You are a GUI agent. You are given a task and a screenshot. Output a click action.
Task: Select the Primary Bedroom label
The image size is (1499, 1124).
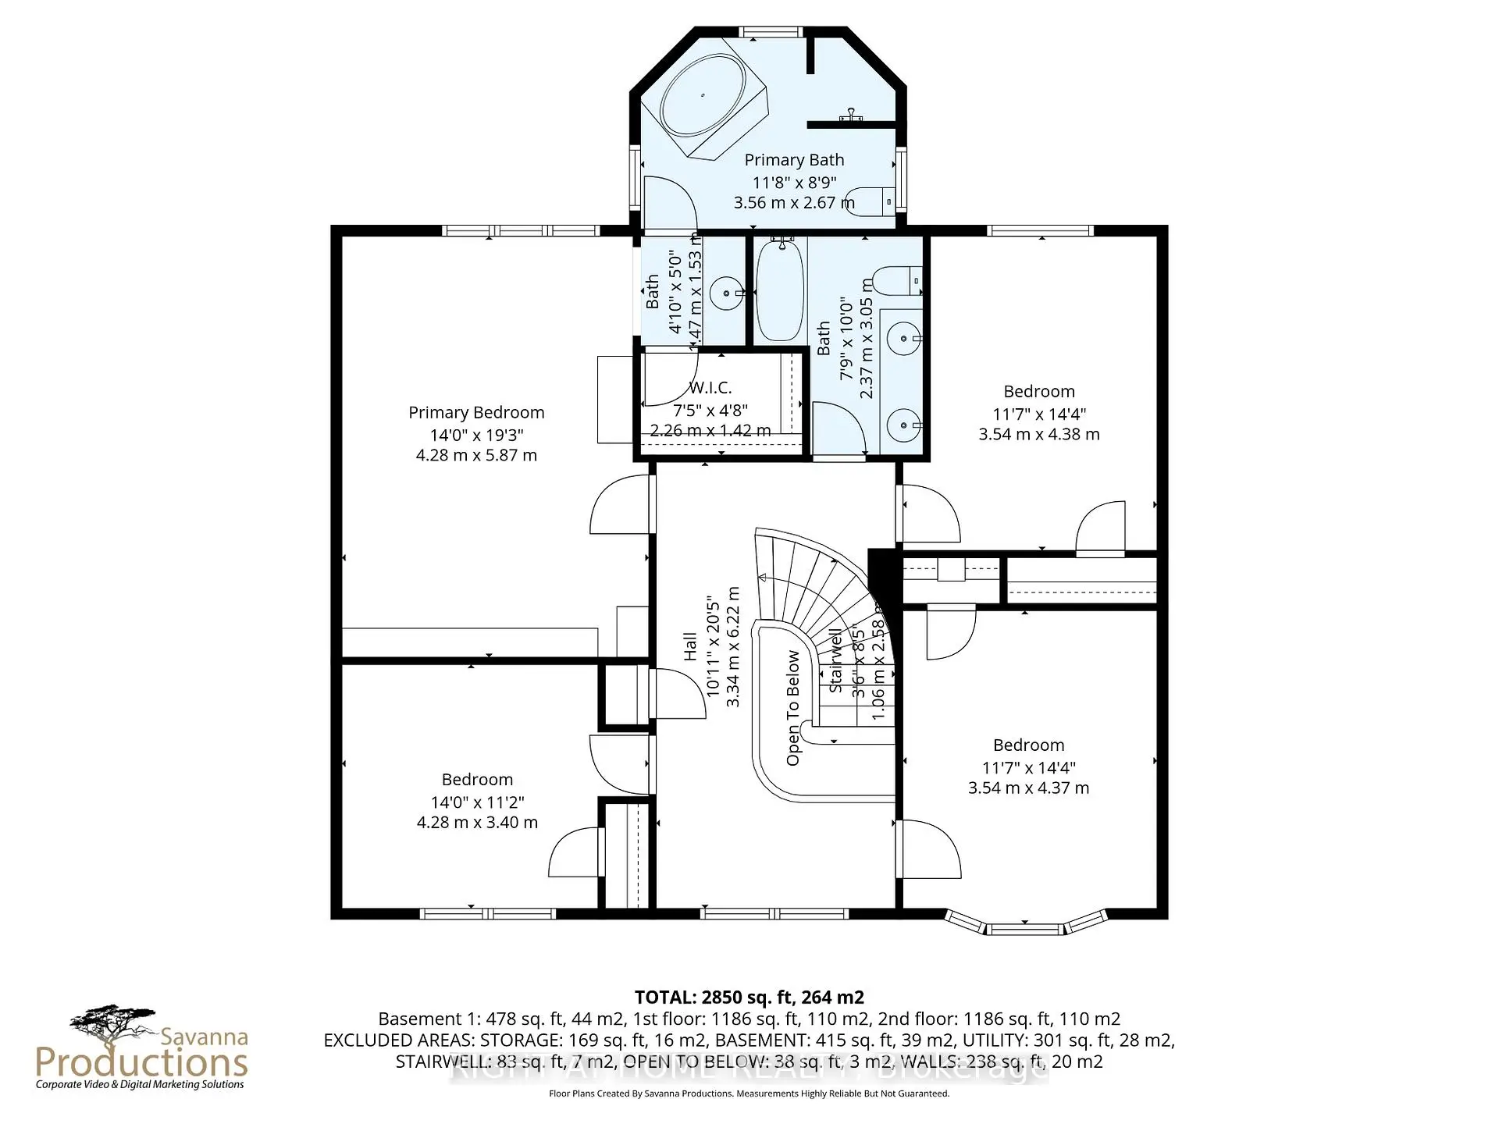[x=476, y=412]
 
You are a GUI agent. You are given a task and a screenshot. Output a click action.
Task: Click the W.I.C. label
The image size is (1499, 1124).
[x=710, y=388]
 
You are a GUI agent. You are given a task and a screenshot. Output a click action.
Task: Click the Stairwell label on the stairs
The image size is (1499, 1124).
[x=835, y=660]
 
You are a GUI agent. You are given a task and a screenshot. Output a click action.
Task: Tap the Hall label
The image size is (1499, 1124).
[x=690, y=646]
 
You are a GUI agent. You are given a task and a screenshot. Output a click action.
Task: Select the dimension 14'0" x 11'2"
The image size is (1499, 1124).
[x=477, y=802]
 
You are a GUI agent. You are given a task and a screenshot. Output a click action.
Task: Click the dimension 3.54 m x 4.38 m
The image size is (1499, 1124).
[x=1039, y=434]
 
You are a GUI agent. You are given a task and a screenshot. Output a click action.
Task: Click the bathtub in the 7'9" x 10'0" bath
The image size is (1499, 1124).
[x=780, y=290]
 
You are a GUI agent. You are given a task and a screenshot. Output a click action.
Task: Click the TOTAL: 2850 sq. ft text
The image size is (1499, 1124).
[x=749, y=997]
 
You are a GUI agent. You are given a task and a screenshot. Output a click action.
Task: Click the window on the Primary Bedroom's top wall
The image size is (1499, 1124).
[x=521, y=230]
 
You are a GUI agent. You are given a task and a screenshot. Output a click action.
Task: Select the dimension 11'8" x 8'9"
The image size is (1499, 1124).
[x=794, y=182]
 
